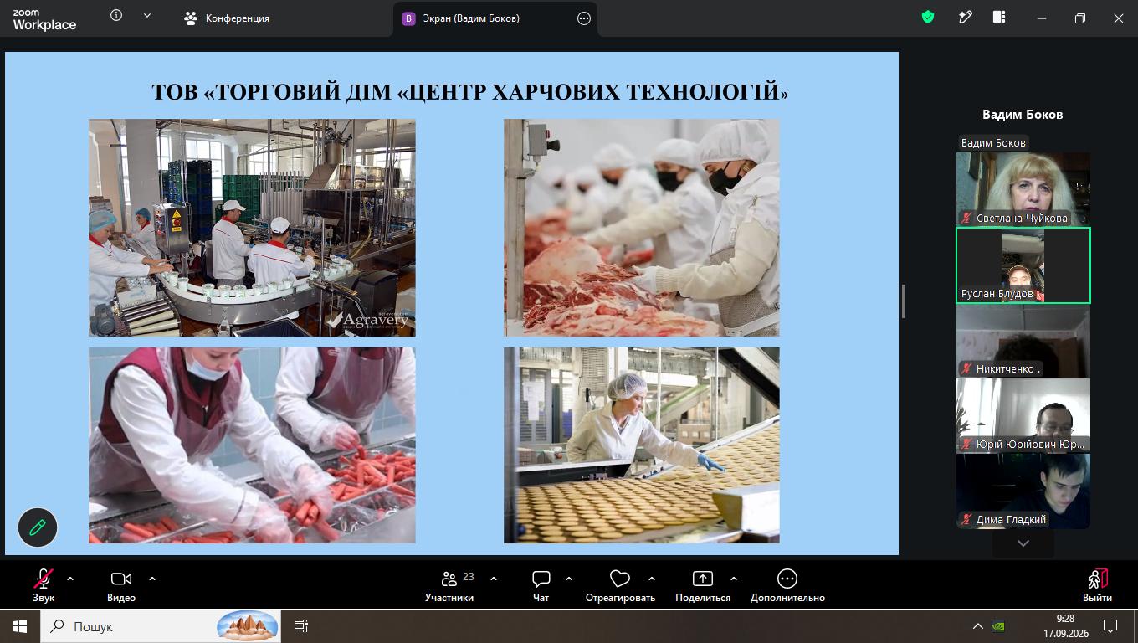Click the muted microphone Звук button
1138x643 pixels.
click(44, 584)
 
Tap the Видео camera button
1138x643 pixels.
click(120, 584)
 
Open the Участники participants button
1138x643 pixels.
click(449, 584)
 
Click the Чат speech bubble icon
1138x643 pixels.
click(541, 579)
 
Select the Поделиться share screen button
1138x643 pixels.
click(703, 584)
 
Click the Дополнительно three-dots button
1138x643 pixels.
click(787, 579)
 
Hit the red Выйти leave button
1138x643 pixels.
click(1097, 584)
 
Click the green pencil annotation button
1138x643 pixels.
click(38, 527)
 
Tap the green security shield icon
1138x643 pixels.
click(928, 18)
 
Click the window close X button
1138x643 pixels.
click(1118, 18)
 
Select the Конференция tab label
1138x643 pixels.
click(238, 18)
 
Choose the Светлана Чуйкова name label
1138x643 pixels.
click(1022, 218)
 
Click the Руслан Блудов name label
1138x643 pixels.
click(997, 294)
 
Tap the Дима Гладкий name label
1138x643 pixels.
click(1011, 519)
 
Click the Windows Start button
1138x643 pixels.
click(20, 626)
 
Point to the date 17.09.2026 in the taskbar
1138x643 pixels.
click(1066, 633)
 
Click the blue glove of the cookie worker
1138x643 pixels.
click(710, 462)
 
